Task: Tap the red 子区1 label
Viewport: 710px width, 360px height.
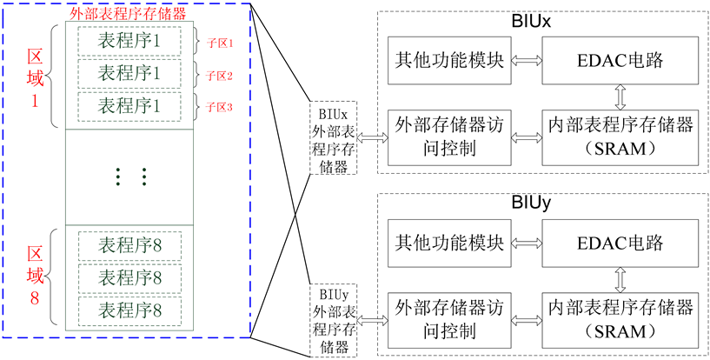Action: pos(219,42)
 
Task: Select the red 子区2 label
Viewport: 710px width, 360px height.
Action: pos(219,75)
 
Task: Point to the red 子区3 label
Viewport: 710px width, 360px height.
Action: pos(219,107)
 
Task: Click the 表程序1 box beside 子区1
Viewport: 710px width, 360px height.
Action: pos(129,41)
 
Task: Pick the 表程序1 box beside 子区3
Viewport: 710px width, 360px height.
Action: pos(129,106)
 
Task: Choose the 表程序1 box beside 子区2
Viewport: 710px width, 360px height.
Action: pos(129,73)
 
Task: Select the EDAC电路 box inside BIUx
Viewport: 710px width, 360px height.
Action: pos(620,60)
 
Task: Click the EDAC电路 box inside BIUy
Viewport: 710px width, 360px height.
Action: pos(620,243)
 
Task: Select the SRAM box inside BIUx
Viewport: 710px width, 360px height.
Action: pos(620,137)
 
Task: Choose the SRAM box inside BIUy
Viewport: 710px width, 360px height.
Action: pos(620,320)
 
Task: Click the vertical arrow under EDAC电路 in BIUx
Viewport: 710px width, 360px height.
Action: pos(620,94)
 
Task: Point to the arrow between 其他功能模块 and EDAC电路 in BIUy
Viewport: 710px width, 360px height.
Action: pos(527,244)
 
